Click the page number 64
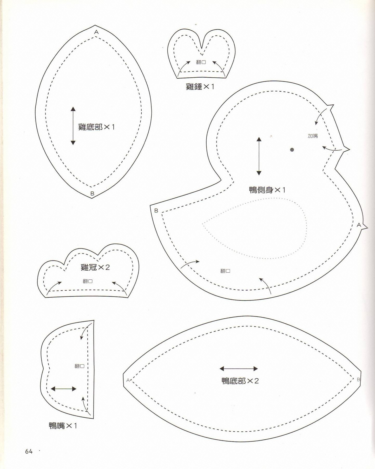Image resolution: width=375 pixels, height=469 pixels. [29, 451]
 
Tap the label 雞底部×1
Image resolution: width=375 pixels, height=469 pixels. [96, 127]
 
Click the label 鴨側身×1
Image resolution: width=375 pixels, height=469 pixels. [267, 190]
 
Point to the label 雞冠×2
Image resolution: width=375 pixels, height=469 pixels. [95, 267]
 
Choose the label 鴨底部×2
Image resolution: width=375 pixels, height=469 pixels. [240, 381]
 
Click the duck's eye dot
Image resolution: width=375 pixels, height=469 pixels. [292, 150]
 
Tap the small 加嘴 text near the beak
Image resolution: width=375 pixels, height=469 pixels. [313, 136]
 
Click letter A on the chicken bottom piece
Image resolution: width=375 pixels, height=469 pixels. [96, 32]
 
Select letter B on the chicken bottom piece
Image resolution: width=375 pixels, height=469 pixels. [92, 193]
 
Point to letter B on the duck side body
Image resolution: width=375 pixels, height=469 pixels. [156, 211]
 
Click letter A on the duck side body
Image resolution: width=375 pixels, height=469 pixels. [359, 225]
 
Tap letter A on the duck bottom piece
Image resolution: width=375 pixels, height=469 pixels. [128, 380]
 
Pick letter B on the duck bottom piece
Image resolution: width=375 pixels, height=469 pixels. [358, 379]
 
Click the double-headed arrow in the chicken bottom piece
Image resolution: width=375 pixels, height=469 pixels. [73, 126]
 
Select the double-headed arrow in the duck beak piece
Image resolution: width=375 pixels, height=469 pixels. [63, 389]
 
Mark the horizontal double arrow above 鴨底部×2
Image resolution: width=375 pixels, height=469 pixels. [239, 368]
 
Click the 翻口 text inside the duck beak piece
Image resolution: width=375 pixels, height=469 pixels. [80, 366]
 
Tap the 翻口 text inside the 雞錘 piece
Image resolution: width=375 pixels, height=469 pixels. [201, 62]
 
